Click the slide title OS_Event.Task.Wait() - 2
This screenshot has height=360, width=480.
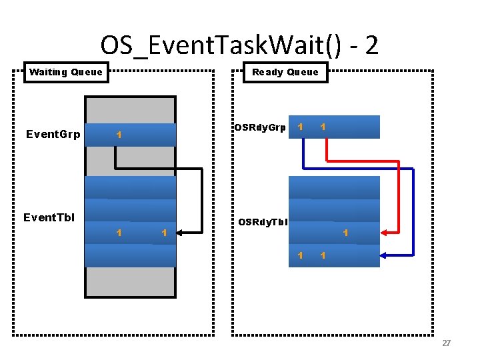[239, 45]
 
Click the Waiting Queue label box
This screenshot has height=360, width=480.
[66, 72]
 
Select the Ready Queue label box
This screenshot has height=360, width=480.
[285, 72]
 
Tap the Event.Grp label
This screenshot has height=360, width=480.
[53, 135]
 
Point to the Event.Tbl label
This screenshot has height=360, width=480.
[49, 217]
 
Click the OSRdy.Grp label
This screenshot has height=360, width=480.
[259, 127]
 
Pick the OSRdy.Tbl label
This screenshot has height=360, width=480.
[263, 222]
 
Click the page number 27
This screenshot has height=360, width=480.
[446, 343]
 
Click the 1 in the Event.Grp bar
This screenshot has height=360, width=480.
[118, 135]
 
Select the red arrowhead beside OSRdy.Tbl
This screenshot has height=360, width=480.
[385, 233]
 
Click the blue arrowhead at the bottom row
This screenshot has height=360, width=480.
[385, 255]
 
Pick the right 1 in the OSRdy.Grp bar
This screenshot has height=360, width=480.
[323, 126]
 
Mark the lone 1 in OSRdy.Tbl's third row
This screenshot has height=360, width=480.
[345, 233]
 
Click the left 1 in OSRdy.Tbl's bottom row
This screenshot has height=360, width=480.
[300, 255]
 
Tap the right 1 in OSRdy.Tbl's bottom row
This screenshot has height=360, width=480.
[323, 255]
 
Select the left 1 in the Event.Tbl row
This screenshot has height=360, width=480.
[118, 233]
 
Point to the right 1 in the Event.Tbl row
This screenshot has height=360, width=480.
[163, 233]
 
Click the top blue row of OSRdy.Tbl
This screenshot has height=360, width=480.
[334, 187]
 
